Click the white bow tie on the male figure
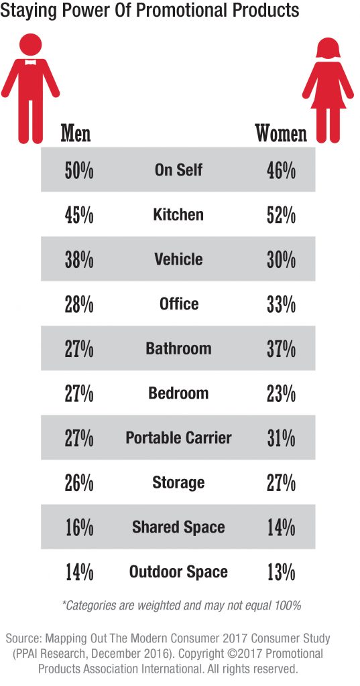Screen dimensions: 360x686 tap(30, 62)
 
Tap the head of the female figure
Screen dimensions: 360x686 tap(328, 48)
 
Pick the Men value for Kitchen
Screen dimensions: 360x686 tap(79, 215)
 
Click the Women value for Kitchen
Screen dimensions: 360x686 tap(281, 215)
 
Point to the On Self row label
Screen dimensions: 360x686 tap(179, 169)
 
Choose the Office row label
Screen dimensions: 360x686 tap(179, 303)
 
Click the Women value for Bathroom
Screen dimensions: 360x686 tap(281, 349)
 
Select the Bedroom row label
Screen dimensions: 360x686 tap(178, 393)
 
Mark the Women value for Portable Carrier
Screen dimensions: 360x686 tap(281, 438)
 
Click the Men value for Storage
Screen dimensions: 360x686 tap(79, 483)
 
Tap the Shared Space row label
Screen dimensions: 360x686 tap(178, 527)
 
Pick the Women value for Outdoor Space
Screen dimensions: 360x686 tap(281, 572)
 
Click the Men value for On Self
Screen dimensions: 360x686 tap(79, 170)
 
